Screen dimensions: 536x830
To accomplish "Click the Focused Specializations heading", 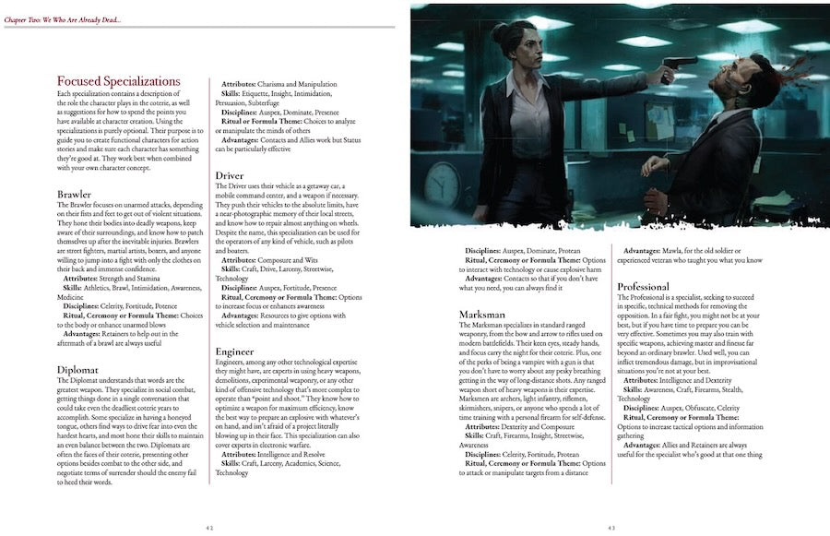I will pyautogui.click(x=118, y=81).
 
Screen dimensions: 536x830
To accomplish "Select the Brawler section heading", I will pyautogui.click(x=74, y=194).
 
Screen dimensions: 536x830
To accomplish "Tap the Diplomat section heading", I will pyautogui.click(x=78, y=370).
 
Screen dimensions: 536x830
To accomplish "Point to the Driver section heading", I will pyautogui.click(x=229, y=175).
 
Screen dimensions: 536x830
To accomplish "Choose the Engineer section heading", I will pyautogui.click(x=235, y=351).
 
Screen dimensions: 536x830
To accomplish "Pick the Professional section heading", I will pyautogui.click(x=649, y=287).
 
